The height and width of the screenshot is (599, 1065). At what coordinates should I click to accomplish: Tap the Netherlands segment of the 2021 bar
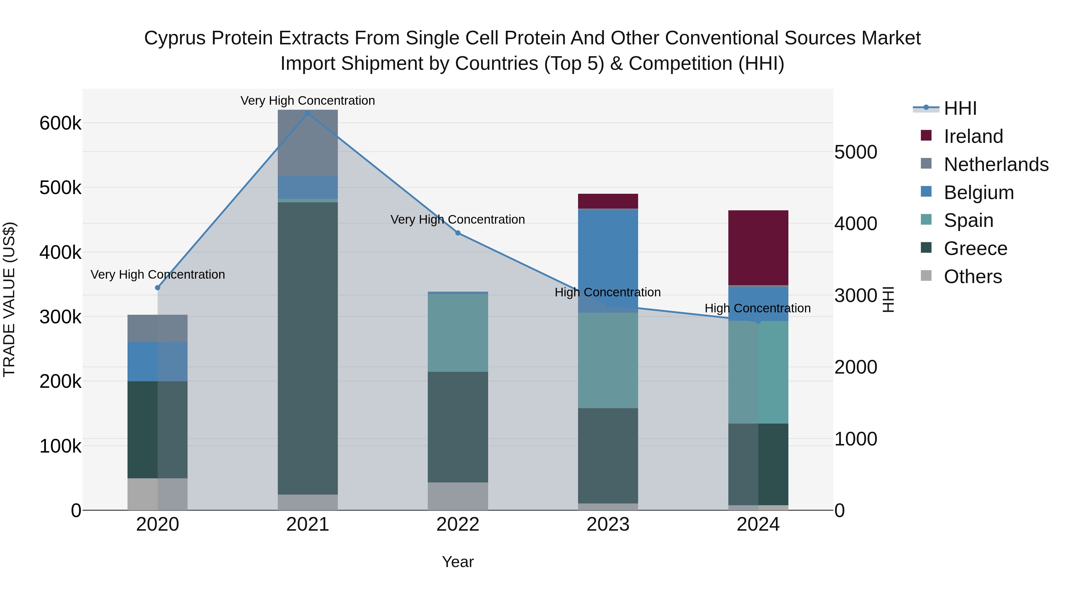pyautogui.click(x=308, y=143)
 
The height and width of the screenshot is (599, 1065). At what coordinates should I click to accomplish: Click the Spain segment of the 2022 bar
pyautogui.click(x=458, y=333)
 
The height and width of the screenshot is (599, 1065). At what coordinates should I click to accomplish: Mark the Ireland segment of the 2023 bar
pyautogui.click(x=608, y=201)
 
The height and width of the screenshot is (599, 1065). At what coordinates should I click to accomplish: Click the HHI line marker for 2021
pyautogui.click(x=308, y=113)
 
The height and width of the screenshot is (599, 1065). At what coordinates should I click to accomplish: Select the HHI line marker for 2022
pyautogui.click(x=458, y=233)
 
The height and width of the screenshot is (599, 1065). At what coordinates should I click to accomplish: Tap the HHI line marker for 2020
pyautogui.click(x=157, y=288)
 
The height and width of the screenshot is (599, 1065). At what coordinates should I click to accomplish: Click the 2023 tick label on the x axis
pyautogui.click(x=608, y=524)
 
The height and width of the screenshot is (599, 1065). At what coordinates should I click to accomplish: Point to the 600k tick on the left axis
pyautogui.click(x=60, y=123)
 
